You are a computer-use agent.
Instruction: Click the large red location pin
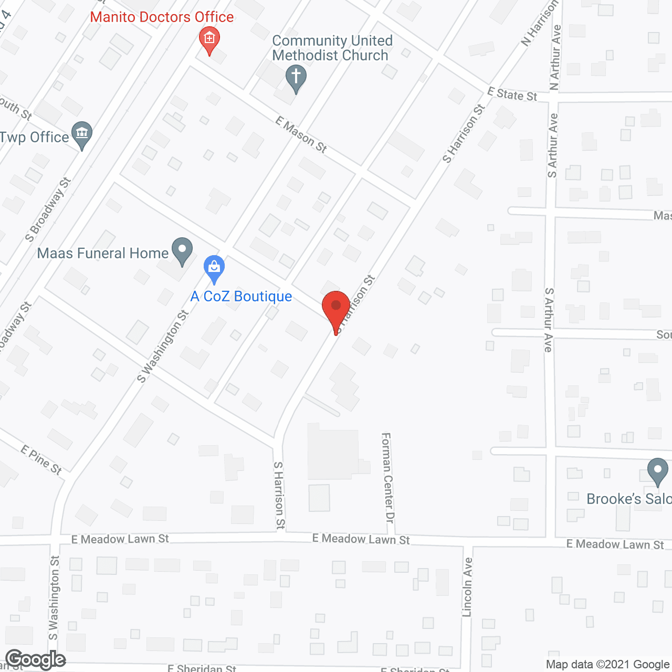click(335, 310)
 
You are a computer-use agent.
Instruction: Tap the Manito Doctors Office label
click(162, 17)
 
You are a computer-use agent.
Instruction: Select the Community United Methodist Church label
click(332, 48)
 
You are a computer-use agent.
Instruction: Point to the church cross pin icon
click(296, 77)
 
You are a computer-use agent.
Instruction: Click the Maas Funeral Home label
click(103, 253)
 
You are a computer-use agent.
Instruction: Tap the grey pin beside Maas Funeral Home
click(182, 250)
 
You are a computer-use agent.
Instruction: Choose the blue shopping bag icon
click(214, 268)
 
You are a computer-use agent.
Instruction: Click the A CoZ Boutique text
click(241, 297)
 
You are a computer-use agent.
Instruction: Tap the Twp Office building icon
click(82, 134)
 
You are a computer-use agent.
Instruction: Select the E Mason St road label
click(301, 135)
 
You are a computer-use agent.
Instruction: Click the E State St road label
click(512, 94)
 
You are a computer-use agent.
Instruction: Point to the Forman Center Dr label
click(387, 477)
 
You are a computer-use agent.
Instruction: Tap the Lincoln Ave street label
click(467, 587)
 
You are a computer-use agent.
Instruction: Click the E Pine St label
click(41, 459)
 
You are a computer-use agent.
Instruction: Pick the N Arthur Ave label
click(555, 58)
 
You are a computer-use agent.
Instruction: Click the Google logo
click(35, 659)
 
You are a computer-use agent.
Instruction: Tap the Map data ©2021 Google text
click(607, 665)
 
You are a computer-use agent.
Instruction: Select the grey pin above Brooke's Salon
click(657, 470)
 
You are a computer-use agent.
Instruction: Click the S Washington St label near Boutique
click(163, 346)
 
